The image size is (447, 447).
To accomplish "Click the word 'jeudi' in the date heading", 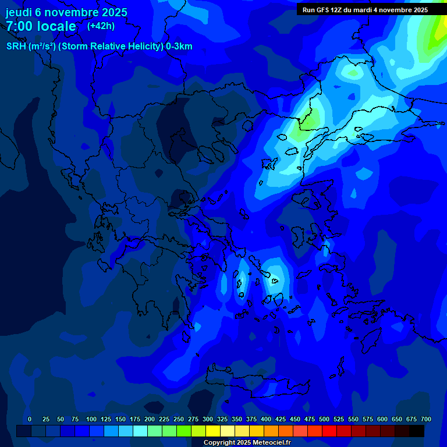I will [19, 12].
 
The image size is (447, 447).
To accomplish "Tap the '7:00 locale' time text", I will [41, 26].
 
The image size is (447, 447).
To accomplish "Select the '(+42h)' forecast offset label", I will [101, 26].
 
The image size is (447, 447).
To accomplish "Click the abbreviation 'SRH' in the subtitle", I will [17, 47].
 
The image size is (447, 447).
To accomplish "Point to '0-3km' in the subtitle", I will [179, 47].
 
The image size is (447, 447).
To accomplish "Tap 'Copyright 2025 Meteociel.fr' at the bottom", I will [247, 443].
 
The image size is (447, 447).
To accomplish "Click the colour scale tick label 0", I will [30, 419].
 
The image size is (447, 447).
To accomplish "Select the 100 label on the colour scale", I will [91, 419].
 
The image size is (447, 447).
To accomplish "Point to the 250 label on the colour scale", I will [179, 419].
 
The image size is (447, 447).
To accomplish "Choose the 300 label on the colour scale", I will [208, 419].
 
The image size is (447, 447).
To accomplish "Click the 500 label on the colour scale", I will [324, 419].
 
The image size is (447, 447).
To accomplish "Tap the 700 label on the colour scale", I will [425, 419].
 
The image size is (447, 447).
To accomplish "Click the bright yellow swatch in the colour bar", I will [213, 431].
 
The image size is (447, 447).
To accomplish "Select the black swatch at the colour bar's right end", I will [417, 431].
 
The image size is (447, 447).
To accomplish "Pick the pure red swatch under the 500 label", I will [329, 431].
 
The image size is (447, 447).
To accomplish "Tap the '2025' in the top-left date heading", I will [114, 12].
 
